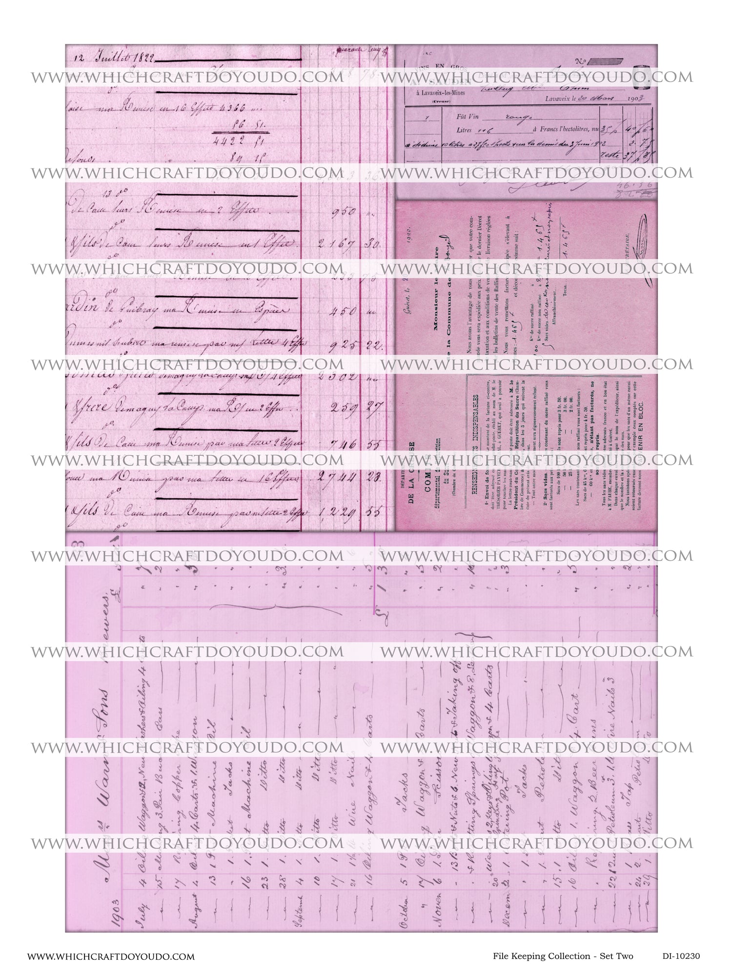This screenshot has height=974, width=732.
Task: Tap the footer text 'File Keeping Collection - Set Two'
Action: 556,956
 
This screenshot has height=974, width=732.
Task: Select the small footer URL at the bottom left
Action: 111,957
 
